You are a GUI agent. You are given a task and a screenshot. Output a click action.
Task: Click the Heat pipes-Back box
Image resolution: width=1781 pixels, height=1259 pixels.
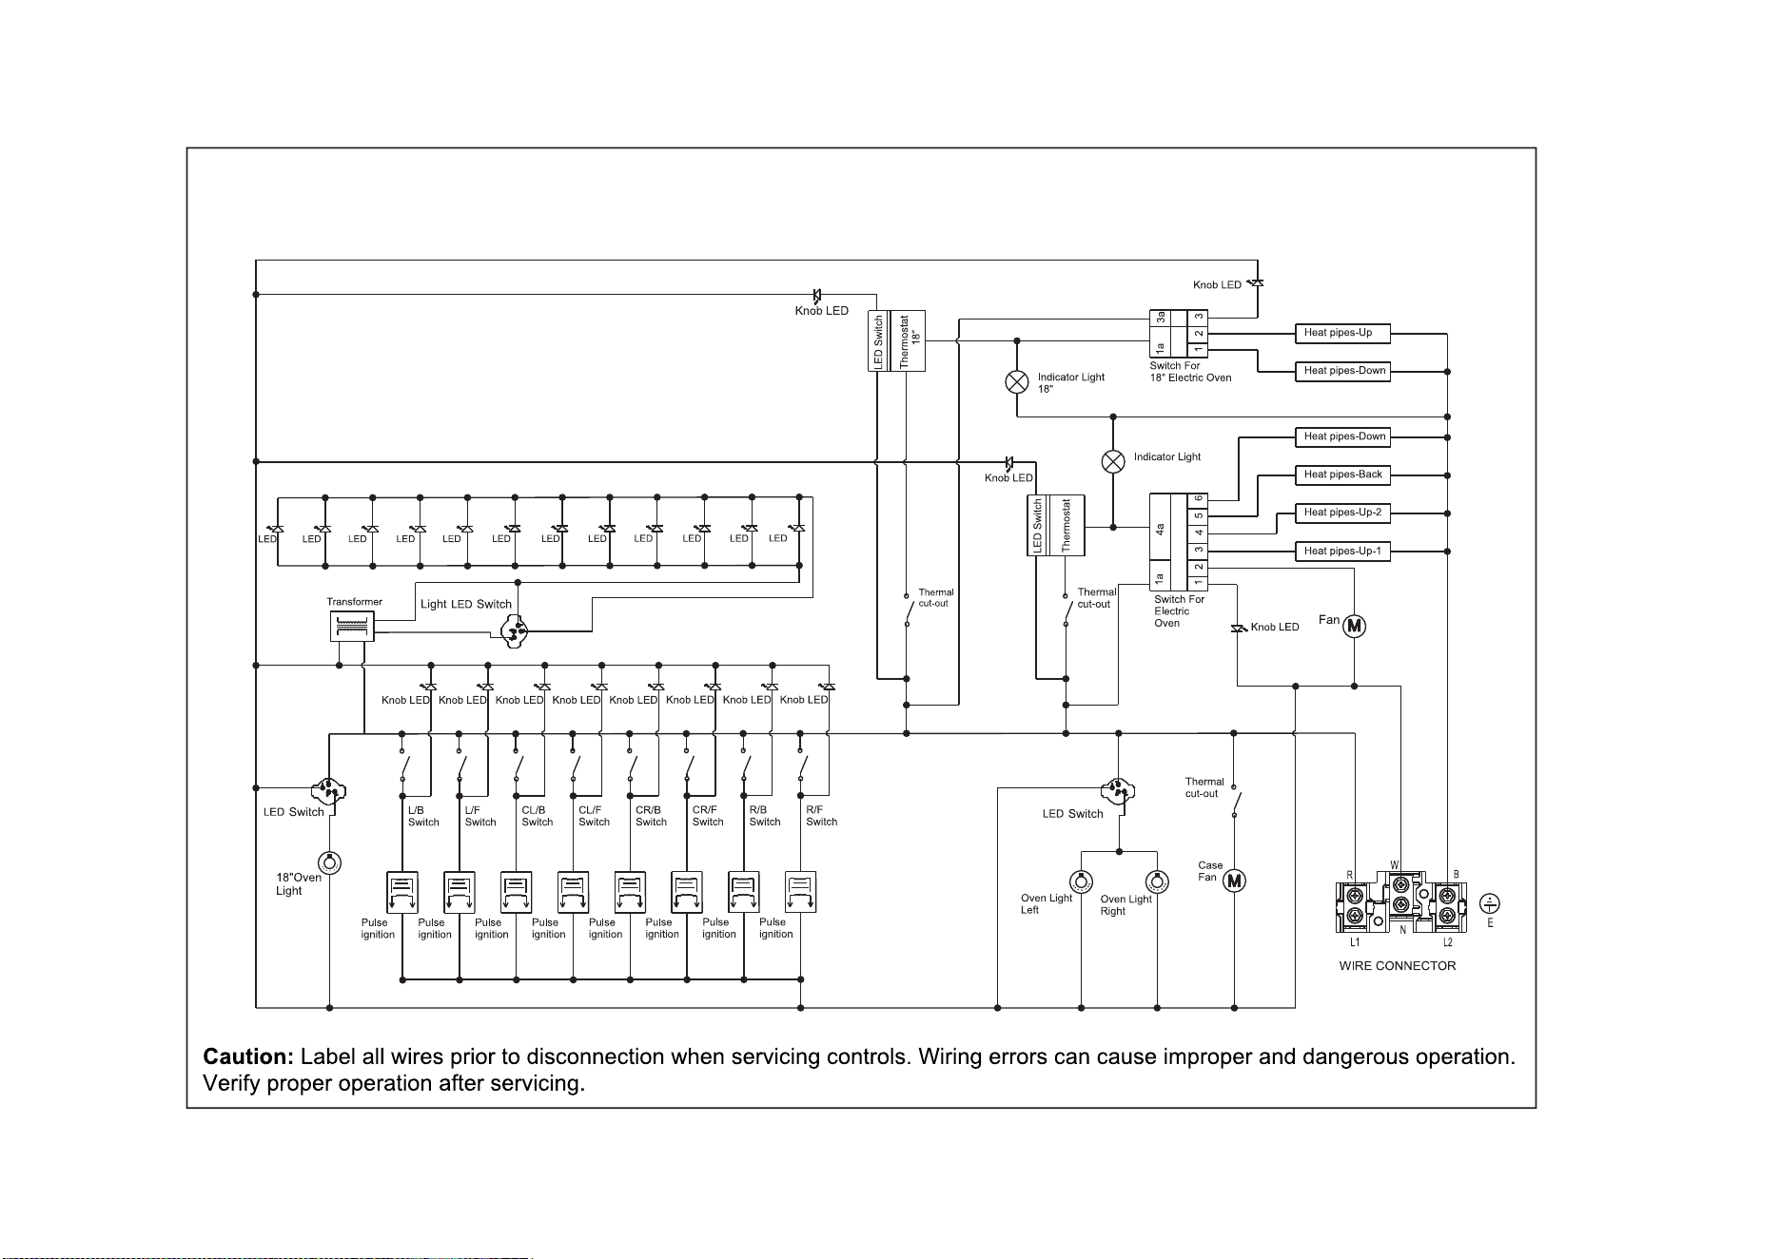(1342, 475)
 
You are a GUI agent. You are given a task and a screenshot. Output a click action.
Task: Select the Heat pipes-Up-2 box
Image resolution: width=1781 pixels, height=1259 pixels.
(1342, 513)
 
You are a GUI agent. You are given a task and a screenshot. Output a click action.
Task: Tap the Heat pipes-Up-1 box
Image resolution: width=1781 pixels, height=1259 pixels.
(1342, 551)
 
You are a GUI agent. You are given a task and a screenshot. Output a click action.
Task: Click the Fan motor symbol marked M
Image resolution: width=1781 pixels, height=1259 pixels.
(1354, 626)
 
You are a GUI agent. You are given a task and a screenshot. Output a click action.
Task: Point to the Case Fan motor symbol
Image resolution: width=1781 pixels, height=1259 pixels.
(1234, 881)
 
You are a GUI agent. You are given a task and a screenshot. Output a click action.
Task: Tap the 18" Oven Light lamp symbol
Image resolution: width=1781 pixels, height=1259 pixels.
(329, 863)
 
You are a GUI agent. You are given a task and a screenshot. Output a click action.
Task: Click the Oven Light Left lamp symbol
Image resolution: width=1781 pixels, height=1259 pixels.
(1082, 881)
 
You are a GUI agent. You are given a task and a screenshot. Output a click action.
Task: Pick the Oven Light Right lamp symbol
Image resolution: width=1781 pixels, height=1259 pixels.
(1156, 881)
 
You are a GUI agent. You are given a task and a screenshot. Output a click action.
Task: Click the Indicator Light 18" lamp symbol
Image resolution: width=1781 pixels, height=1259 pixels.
(1017, 382)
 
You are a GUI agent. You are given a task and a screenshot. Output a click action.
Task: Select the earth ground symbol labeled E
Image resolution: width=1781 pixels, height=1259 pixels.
(1490, 903)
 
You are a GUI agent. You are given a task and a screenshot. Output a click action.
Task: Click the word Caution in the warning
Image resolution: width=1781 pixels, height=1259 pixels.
(248, 1056)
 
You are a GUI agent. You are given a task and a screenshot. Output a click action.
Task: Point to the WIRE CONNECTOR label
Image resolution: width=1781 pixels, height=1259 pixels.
(1397, 966)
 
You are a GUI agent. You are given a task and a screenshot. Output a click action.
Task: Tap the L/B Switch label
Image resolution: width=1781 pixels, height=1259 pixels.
(423, 816)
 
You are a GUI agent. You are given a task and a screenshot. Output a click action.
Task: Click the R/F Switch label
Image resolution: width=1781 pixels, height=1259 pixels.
(821, 816)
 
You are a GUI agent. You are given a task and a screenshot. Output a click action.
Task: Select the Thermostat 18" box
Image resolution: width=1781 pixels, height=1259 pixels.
(910, 340)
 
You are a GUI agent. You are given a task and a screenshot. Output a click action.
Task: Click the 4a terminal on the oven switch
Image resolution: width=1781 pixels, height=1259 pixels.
(1160, 528)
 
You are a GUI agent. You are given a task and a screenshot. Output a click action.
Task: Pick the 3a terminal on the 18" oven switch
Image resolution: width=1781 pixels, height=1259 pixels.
(1160, 320)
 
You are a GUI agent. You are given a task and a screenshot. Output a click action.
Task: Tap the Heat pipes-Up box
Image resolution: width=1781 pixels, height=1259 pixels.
(1342, 333)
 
